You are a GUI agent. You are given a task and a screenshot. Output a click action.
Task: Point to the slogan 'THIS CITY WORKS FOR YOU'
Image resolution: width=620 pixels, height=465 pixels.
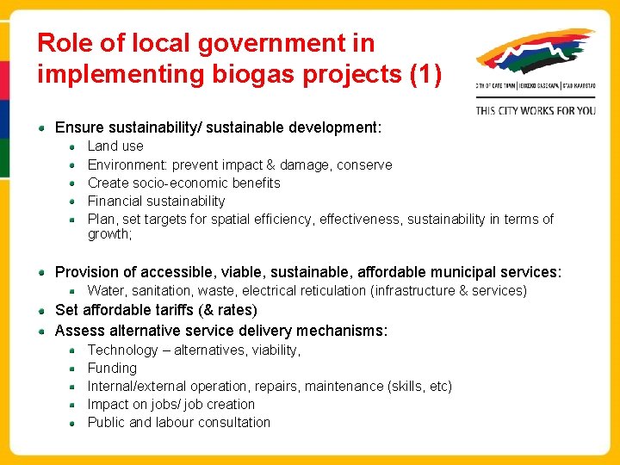coord(536,110)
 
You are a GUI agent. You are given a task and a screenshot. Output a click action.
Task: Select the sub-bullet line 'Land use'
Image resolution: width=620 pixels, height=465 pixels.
coord(115,146)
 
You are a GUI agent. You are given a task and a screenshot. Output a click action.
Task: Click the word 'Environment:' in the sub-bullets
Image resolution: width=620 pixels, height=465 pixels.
coord(127,164)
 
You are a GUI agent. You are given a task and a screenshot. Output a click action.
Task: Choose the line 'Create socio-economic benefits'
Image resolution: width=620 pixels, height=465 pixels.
coord(183,183)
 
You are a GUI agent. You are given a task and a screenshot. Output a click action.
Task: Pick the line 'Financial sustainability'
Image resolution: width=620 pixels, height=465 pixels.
coord(156,201)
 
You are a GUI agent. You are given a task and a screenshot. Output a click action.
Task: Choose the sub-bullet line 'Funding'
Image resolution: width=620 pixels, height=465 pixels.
coord(112,368)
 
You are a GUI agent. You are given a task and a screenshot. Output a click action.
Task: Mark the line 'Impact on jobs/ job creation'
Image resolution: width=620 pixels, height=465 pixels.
coord(170,404)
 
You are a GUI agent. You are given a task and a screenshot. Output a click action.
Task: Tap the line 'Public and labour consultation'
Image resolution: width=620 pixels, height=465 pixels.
coord(178,422)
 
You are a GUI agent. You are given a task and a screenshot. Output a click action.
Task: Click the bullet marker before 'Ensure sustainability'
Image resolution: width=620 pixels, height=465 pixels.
coord(42,127)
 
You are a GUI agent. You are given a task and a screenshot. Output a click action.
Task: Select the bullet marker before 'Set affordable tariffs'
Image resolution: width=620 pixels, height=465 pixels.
coord(42,310)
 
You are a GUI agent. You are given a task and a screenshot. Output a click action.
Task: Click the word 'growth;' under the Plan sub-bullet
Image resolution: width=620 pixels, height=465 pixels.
coord(109,234)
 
